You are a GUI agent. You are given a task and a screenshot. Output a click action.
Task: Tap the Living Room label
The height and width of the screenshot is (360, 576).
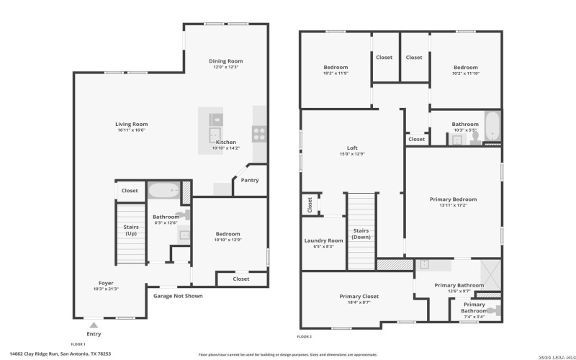[x=131, y=124]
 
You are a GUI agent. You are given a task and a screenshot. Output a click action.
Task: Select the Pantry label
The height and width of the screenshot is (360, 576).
[x=249, y=180]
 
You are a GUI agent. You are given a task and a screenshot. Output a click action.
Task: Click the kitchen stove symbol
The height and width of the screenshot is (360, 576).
[x=258, y=132]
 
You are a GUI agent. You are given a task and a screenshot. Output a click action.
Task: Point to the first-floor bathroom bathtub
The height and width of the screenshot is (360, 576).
[x=164, y=192]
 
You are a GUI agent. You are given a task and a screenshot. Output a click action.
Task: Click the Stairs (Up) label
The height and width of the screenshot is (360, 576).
[x=130, y=230]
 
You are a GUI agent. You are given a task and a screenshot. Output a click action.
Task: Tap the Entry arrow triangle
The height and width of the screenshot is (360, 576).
[x=93, y=325]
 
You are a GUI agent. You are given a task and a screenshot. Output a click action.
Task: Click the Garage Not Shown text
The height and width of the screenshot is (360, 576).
[x=178, y=296]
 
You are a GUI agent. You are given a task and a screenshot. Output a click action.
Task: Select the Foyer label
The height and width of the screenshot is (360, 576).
[x=106, y=283]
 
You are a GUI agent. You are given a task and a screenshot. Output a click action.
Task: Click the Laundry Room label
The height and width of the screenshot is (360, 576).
[x=323, y=240]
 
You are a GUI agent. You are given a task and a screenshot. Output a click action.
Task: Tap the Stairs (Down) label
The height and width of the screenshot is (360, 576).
[x=361, y=234]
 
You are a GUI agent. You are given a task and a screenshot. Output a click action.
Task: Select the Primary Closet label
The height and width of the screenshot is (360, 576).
[x=359, y=296]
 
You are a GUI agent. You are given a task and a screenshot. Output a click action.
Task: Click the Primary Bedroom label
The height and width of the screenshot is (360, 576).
[x=453, y=199]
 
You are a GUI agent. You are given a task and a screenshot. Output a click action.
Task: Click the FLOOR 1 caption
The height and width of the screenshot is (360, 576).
[x=78, y=344]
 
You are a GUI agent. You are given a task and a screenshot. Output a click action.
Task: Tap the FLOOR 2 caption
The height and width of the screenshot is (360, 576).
[x=305, y=336]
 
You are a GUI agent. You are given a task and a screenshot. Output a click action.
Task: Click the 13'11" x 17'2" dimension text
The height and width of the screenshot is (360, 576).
[x=453, y=205]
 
